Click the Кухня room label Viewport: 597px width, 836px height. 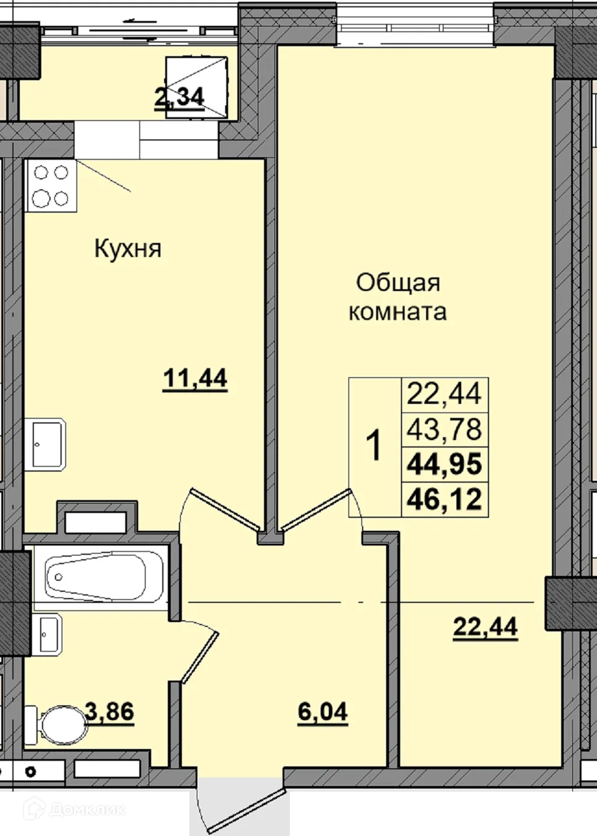click(x=128, y=248)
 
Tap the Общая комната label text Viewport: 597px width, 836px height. click(x=398, y=297)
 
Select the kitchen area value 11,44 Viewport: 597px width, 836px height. click(x=195, y=378)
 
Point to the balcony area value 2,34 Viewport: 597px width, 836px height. click(x=179, y=98)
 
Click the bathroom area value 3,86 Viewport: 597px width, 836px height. click(x=110, y=711)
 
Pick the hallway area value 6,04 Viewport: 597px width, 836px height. click(x=323, y=712)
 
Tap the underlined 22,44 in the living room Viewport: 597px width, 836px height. click(x=485, y=627)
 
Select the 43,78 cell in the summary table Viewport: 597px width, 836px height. click(x=445, y=429)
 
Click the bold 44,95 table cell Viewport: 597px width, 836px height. click(x=445, y=464)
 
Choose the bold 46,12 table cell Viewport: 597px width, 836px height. click(x=445, y=499)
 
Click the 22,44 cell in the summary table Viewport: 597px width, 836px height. click(x=445, y=394)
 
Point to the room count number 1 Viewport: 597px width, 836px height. click(x=374, y=446)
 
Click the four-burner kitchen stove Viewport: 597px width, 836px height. click(x=51, y=186)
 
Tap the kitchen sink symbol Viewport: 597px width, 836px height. click(x=47, y=444)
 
